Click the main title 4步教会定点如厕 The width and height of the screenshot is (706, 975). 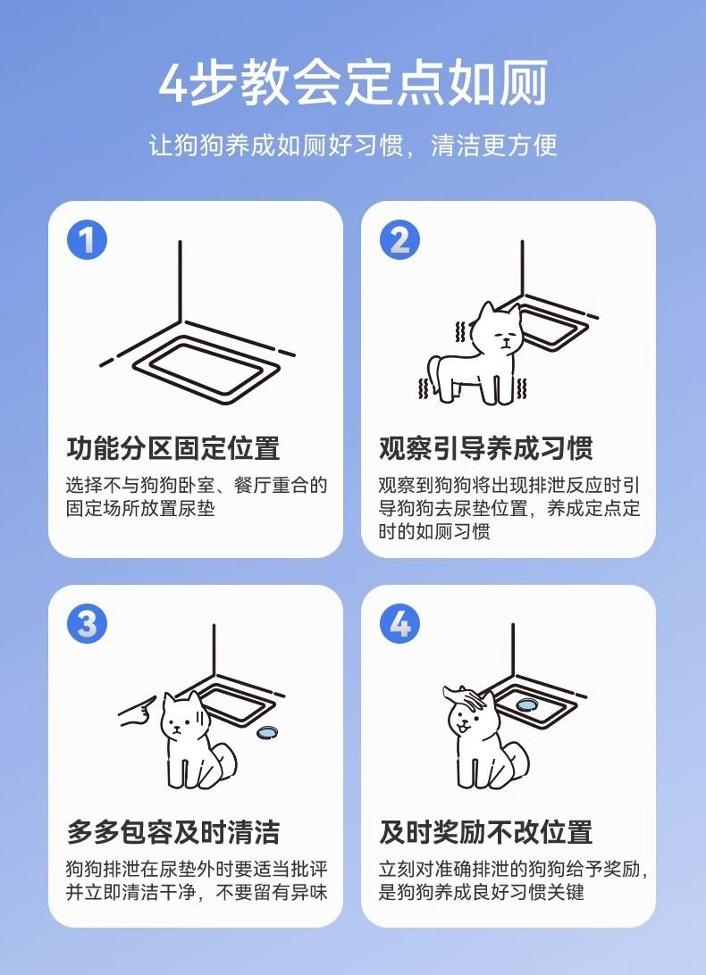coord(353,82)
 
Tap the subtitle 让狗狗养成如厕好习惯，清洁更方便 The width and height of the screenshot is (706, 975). coord(353,146)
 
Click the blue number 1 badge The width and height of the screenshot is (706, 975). coord(88,240)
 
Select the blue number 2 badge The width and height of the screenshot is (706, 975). coord(399,240)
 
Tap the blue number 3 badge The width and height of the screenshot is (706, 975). coord(88,624)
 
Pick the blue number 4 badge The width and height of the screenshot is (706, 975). coord(399,624)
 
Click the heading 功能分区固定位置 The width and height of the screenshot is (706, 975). coord(173,447)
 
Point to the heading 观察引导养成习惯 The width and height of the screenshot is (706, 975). coord(485,447)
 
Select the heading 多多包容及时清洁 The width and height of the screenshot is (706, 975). coord(173,831)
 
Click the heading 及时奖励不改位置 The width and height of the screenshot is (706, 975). coord(485,831)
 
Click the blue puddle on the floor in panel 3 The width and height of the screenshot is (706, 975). coord(268,732)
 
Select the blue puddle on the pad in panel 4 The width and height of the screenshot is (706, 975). coord(526,705)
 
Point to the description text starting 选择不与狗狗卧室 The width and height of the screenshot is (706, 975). coord(197,496)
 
